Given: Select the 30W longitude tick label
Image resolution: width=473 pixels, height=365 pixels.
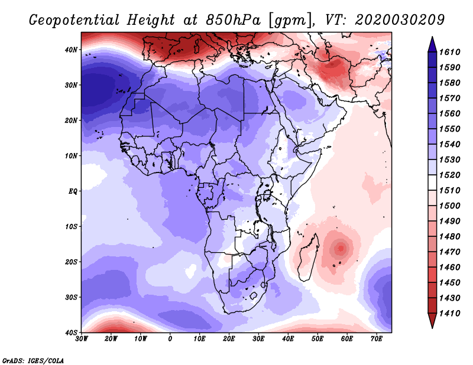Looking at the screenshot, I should [82, 339].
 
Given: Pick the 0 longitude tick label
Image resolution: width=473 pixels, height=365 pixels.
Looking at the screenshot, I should [170, 339].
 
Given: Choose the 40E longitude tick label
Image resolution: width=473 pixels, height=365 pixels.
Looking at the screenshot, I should [288, 339].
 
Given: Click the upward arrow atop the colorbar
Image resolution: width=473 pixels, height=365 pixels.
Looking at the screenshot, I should [432, 43].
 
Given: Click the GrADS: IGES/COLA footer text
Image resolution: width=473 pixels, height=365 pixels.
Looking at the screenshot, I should [33, 360].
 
